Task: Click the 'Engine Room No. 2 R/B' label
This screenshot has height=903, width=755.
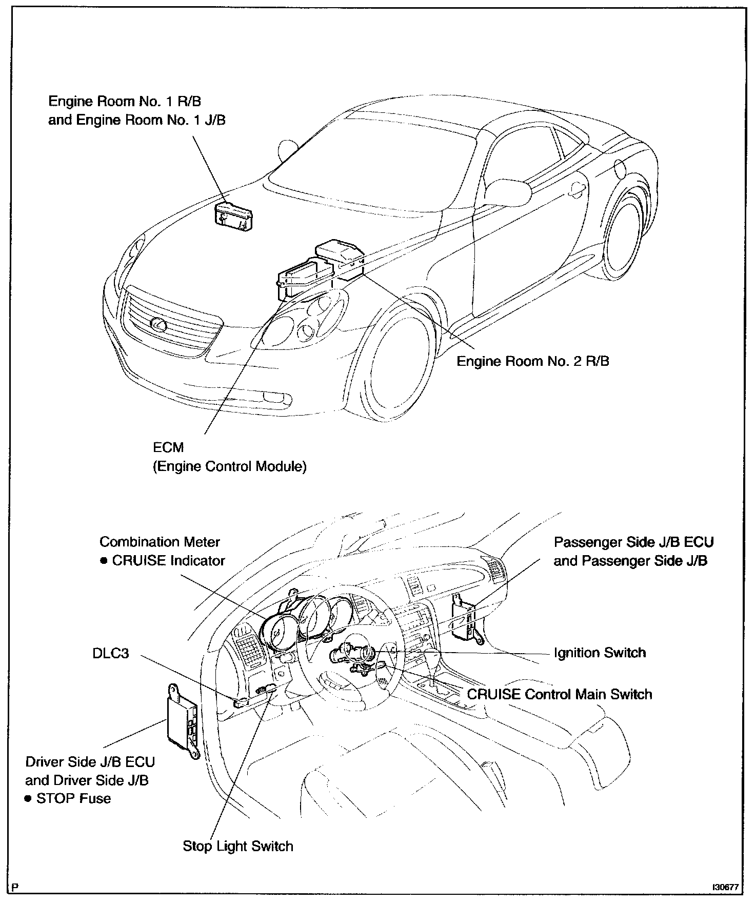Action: (x=533, y=361)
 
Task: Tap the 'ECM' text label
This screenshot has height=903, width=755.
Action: (x=168, y=447)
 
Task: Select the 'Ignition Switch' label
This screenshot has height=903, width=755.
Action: (x=600, y=653)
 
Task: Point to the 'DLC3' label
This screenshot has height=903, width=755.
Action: (x=111, y=654)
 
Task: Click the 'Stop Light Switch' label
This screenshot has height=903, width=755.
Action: (x=238, y=846)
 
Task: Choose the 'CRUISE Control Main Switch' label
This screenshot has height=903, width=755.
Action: (x=560, y=695)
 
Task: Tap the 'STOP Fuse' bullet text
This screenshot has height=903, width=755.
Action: (x=73, y=798)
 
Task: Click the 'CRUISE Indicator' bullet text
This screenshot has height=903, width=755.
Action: (x=168, y=561)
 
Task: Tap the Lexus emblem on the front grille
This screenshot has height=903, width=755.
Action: (x=156, y=323)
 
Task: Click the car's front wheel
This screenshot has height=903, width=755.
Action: (x=398, y=364)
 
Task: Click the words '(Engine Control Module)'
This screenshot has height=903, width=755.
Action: (x=230, y=467)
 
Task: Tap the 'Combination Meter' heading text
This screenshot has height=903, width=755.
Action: (x=160, y=542)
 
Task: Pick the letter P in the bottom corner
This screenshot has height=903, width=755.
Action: (x=16, y=887)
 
